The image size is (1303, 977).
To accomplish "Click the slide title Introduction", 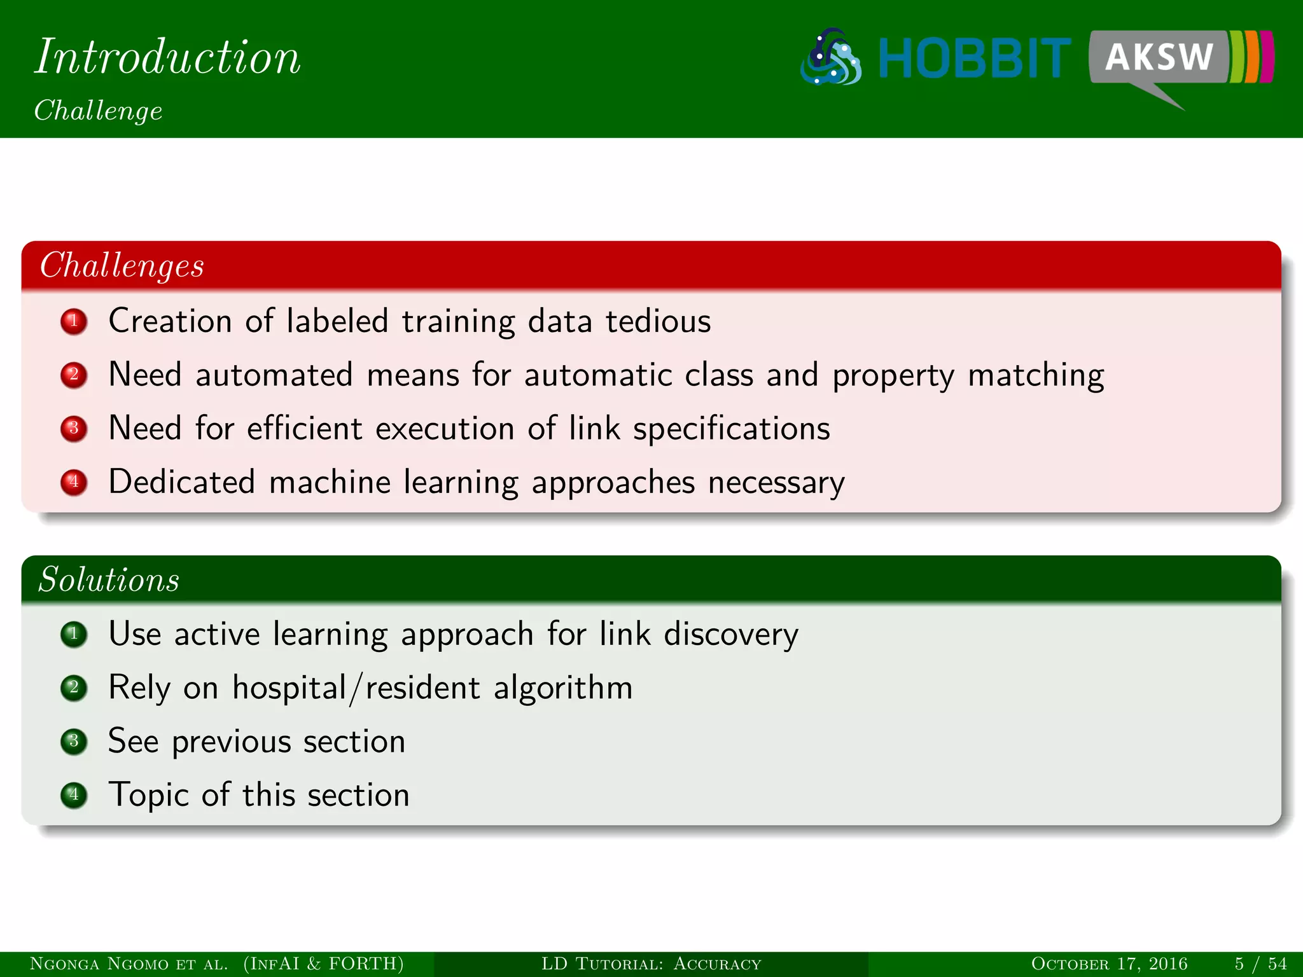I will point(167,57).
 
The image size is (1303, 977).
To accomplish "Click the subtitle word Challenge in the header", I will point(98,111).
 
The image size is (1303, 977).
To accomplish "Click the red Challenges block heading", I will point(122,265).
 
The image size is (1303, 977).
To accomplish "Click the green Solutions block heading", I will point(109,579).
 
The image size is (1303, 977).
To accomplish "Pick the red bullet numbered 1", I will point(74,321).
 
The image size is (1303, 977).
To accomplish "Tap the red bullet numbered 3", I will point(74,428).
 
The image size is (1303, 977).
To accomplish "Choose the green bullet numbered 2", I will point(74,688).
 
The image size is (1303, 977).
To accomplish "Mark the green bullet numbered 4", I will point(74,795).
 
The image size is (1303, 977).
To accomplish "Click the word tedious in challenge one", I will point(658,321).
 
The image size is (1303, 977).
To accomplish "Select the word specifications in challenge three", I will point(731,429).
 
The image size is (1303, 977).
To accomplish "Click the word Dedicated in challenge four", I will point(182,482).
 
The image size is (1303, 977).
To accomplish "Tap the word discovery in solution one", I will point(731,635).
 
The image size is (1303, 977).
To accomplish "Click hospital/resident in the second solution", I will point(356,688).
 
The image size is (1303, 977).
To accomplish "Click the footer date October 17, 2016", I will point(1109,964).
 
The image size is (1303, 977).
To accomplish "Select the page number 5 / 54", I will point(1260,964).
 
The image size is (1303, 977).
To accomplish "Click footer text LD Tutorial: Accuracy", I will point(651,964).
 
